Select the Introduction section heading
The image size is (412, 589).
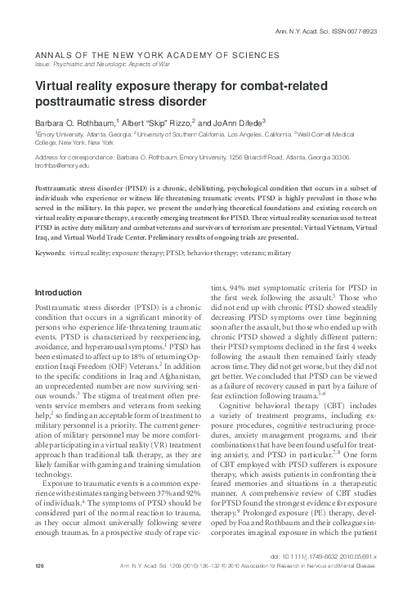(x=60, y=269)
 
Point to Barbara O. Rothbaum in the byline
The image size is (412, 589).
(x=69, y=121)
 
